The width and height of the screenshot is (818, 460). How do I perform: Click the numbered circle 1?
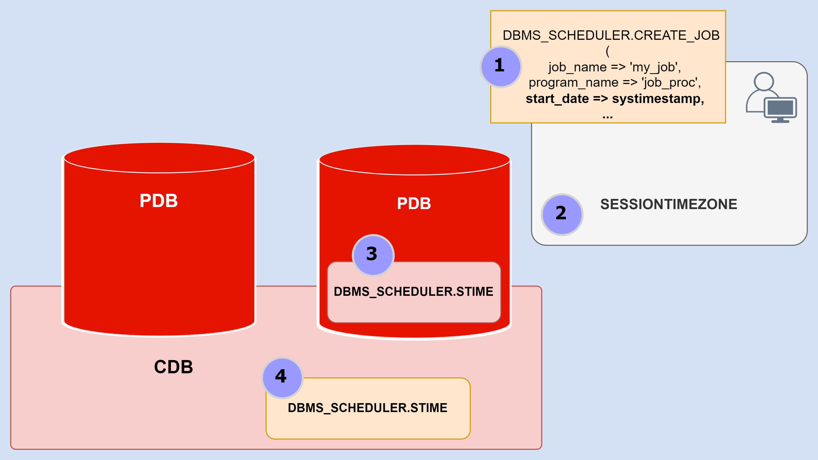pyautogui.click(x=501, y=67)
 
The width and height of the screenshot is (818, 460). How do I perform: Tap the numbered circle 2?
pyautogui.click(x=562, y=214)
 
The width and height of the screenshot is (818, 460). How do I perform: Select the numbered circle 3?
pyautogui.click(x=373, y=255)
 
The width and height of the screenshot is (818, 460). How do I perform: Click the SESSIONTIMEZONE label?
pyautogui.click(x=668, y=204)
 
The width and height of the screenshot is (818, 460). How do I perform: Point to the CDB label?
pyautogui.click(x=173, y=367)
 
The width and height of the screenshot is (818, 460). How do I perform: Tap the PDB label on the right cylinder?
pyautogui.click(x=414, y=203)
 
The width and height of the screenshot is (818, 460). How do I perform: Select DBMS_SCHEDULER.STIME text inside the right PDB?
pyautogui.click(x=413, y=291)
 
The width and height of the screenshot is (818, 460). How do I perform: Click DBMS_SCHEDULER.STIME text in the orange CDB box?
pyautogui.click(x=367, y=408)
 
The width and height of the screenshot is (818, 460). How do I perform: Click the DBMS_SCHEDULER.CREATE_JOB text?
pyautogui.click(x=611, y=35)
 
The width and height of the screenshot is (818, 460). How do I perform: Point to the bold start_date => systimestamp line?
pyautogui.click(x=615, y=99)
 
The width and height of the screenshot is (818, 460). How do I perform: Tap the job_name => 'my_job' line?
pyautogui.click(x=615, y=67)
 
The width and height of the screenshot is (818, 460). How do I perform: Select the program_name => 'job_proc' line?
pyautogui.click(x=615, y=82)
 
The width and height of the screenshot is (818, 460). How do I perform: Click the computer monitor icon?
pyautogui.click(x=780, y=108)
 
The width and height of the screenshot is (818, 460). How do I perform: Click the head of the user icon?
pyautogui.click(x=764, y=81)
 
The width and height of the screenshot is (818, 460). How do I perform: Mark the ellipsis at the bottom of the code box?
pyautogui.click(x=607, y=116)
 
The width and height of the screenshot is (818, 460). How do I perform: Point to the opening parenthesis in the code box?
pyautogui.click(x=607, y=51)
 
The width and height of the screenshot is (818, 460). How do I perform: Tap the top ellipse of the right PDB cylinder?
pyautogui.click(x=414, y=160)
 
